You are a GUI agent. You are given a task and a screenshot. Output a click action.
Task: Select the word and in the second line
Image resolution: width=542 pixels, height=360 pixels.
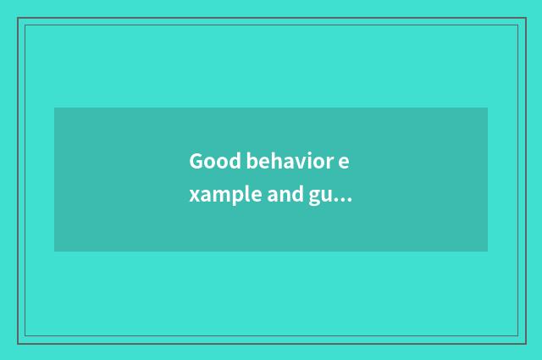279,197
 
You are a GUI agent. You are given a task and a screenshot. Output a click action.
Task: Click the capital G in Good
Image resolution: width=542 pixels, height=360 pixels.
196,161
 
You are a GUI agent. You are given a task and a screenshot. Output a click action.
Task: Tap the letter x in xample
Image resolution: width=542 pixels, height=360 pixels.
194,198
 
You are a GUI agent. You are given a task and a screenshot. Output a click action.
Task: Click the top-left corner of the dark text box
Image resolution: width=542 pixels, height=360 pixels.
54,108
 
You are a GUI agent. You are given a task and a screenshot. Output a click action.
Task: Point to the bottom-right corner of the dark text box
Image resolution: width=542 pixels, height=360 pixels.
488,252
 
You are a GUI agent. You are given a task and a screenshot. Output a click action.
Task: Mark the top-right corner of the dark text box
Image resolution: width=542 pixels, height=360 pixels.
488,108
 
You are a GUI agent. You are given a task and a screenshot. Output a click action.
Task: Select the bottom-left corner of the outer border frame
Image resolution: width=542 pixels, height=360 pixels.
18,343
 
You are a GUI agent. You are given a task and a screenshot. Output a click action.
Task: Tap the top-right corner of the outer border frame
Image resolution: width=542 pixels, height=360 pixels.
525,18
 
